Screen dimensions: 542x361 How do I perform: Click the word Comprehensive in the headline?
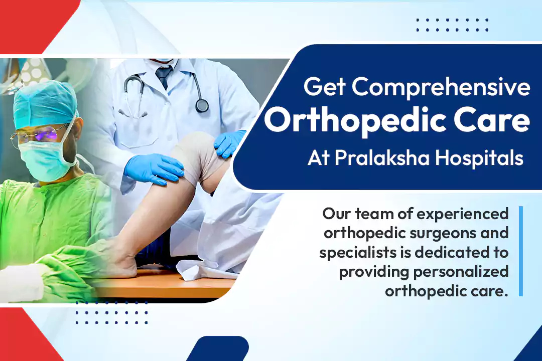tap(441, 87)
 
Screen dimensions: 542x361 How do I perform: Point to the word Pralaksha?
tap(382, 158)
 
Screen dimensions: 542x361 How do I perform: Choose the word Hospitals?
tap(479, 158)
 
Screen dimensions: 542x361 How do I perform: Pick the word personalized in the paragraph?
tap(461, 272)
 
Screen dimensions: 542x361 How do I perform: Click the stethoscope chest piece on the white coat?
tap(202, 105)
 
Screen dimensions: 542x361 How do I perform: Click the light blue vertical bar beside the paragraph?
tap(521, 251)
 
